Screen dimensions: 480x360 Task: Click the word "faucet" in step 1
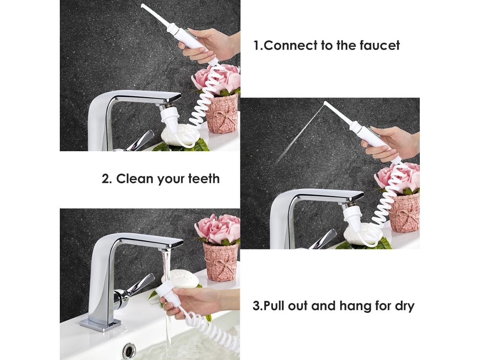click(x=380, y=45)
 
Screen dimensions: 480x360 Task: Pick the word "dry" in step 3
click(x=404, y=306)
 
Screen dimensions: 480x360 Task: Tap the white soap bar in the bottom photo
click(x=180, y=278)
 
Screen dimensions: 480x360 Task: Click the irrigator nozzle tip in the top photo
click(x=142, y=5)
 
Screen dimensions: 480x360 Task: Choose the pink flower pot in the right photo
click(x=405, y=212)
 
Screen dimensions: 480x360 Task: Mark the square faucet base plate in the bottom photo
click(x=100, y=323)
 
